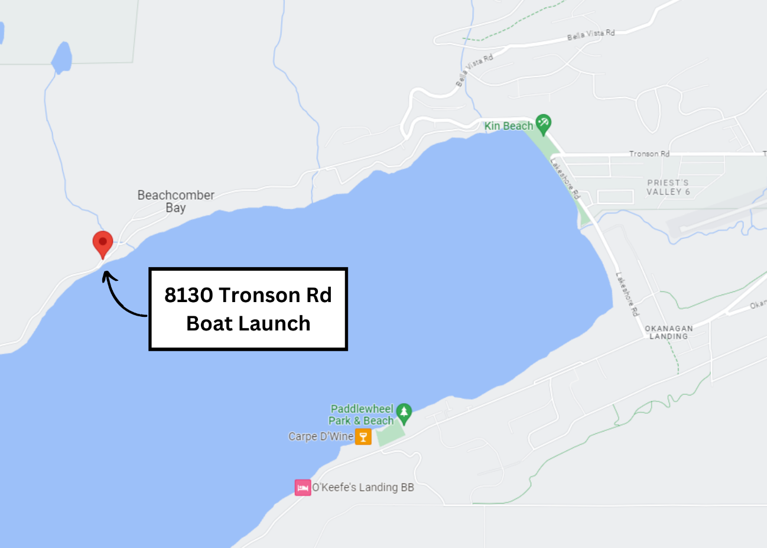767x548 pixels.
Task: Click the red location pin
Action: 103,242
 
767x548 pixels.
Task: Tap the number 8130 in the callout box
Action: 188,295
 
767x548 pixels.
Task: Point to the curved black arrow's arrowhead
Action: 107,275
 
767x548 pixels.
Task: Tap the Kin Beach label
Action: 508,126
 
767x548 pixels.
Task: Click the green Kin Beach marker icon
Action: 543,124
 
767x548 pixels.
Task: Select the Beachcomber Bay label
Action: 175,201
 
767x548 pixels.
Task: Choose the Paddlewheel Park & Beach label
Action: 361,414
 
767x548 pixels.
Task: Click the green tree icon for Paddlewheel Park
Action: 404,413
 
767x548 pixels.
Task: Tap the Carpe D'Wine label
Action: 321,437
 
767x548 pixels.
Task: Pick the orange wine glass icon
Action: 363,437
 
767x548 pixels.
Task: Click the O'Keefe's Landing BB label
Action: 363,488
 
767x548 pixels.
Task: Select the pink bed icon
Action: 303,488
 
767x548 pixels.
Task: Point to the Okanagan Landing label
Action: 669,332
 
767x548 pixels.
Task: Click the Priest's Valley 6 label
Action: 668,187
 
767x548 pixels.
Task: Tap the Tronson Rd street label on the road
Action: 649,154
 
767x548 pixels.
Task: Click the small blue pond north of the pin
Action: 61,58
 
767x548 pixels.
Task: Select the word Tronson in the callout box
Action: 260,295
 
